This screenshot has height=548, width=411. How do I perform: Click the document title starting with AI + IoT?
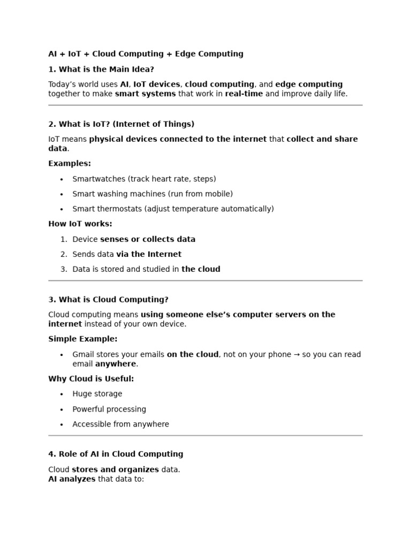pyautogui.click(x=146, y=54)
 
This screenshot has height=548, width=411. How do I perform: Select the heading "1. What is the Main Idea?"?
pyautogui.click(x=101, y=70)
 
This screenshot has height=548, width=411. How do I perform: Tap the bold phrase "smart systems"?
pyautogui.click(x=145, y=94)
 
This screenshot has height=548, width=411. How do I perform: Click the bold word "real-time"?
pyautogui.click(x=243, y=94)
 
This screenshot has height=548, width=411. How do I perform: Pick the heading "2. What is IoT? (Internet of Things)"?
pyautogui.click(x=121, y=124)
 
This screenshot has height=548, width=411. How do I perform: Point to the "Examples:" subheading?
pyautogui.click(x=70, y=164)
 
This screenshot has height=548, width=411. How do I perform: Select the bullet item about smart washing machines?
pyautogui.click(x=153, y=194)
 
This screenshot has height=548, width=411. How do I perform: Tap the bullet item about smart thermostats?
pyautogui.click(x=173, y=209)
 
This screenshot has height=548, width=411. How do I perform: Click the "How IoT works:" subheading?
pyautogui.click(x=80, y=224)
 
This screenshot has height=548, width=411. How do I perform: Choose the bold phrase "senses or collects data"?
pyautogui.click(x=148, y=240)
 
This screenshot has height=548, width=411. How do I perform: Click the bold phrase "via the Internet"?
pyautogui.click(x=149, y=255)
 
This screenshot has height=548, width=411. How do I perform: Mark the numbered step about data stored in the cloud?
pyautogui.click(x=146, y=270)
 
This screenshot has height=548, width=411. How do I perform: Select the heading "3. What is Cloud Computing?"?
pyautogui.click(x=108, y=300)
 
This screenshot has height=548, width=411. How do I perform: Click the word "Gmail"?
pyautogui.click(x=83, y=355)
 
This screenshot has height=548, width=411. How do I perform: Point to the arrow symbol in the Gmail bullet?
pyautogui.click(x=296, y=355)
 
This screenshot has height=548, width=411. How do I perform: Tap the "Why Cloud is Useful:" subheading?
pyautogui.click(x=91, y=379)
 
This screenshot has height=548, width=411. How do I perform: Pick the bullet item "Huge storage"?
pyautogui.click(x=97, y=394)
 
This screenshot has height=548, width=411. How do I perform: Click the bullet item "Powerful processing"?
pyautogui.click(x=109, y=409)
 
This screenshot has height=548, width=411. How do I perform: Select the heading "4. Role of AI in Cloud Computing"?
pyautogui.click(x=116, y=454)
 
